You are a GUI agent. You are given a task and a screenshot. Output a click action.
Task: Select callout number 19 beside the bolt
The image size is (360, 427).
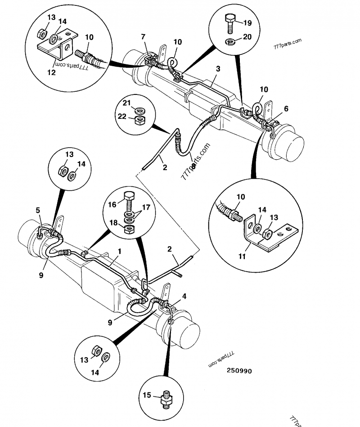tap(247, 22)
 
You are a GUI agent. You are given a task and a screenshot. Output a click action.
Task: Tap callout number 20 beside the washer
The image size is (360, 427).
tap(247, 37)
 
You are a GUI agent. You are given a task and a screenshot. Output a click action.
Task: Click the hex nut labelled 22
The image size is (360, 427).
tap(140, 120)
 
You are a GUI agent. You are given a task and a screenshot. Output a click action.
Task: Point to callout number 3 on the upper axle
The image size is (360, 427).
tap(218, 69)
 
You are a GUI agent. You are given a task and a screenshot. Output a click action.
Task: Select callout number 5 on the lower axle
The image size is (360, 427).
tap(38, 210)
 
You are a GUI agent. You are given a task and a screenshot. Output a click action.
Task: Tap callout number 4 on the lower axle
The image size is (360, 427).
tap(184, 296)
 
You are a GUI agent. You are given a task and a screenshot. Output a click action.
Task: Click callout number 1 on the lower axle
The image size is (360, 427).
tap(120, 251)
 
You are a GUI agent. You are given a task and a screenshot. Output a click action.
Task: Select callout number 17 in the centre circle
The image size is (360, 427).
tap(146, 208)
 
